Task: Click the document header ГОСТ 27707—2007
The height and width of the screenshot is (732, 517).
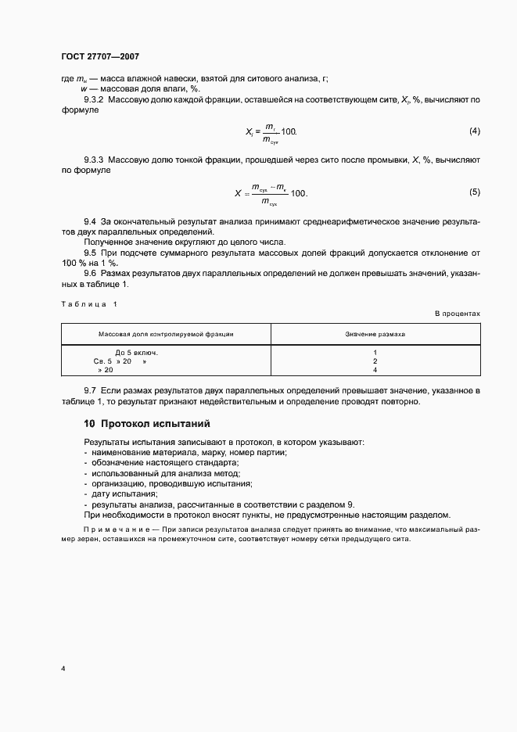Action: tap(100, 57)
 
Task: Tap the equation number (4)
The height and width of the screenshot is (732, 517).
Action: tap(474, 130)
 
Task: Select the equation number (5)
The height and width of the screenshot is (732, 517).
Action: tap(474, 192)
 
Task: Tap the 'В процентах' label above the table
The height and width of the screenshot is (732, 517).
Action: tap(458, 313)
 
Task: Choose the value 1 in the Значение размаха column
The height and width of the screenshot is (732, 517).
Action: tap(375, 352)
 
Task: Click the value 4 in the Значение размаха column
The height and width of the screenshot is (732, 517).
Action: tap(375, 369)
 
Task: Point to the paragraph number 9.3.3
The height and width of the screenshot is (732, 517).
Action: tap(95, 160)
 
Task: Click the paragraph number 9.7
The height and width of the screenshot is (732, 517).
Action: tap(90, 389)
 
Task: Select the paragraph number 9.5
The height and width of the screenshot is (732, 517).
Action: tap(90, 253)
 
